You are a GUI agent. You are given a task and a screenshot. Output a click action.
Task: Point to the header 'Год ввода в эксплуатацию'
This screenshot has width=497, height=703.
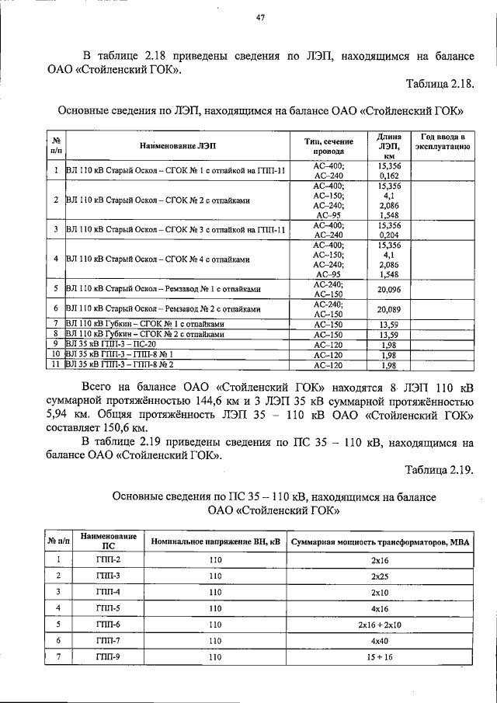point(441,141)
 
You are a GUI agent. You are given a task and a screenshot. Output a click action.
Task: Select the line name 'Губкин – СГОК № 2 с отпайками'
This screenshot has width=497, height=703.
point(144,333)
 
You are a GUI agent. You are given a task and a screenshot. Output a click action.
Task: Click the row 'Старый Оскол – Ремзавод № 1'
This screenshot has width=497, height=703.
point(162,289)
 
